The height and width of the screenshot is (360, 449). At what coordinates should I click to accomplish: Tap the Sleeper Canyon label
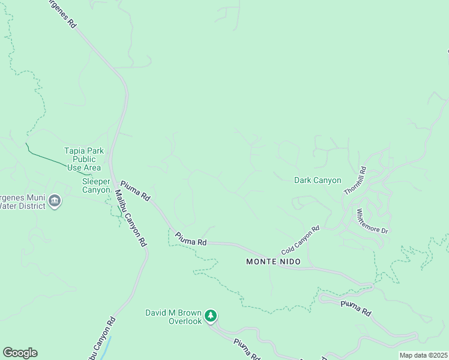[96, 185]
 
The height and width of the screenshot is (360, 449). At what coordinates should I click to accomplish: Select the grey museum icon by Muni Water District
[55, 200]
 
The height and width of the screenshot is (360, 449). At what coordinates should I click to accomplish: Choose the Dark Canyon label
[318, 180]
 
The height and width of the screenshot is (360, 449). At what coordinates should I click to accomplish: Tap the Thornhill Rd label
[354, 180]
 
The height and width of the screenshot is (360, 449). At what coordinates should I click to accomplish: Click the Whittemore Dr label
[373, 221]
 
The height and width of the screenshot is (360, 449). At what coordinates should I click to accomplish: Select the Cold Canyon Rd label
[300, 240]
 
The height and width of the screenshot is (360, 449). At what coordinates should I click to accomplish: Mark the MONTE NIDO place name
[273, 262]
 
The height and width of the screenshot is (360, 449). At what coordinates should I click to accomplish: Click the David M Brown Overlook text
[174, 317]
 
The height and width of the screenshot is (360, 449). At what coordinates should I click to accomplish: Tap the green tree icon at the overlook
[210, 315]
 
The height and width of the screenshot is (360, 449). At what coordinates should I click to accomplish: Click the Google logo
[20, 353]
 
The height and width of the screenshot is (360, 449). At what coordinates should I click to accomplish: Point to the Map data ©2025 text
[424, 355]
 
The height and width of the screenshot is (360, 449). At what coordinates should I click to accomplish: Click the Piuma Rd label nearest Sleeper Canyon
[136, 191]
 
